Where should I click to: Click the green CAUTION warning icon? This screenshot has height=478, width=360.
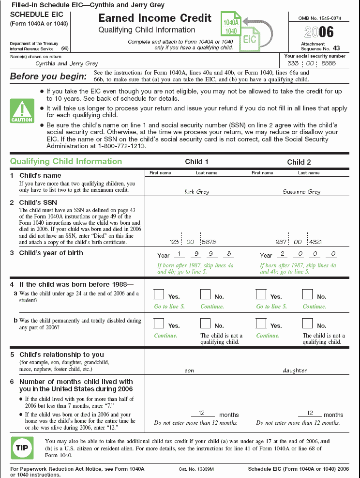[22, 110]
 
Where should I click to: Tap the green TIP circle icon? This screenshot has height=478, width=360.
[22, 448]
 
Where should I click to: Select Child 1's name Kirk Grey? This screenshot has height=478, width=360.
[196, 192]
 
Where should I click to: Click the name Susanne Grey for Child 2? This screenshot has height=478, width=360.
[301, 192]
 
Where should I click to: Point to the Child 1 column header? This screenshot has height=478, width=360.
[197, 162]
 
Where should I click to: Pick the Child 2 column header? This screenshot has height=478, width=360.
[299, 162]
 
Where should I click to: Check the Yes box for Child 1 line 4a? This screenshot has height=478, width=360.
[159, 294]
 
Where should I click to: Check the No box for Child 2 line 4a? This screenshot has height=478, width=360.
[307, 294]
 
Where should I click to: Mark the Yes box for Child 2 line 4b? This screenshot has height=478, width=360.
[261, 324]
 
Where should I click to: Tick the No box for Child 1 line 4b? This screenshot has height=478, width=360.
[205, 324]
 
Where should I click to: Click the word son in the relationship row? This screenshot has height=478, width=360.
[189, 370]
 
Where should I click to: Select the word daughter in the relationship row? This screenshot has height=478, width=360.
[295, 370]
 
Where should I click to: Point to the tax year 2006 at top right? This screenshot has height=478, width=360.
[319, 32]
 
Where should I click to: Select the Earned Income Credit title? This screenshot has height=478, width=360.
[155, 18]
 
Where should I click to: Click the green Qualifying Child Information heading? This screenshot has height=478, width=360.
[66, 161]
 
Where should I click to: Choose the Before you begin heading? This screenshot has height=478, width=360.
[45, 76]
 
